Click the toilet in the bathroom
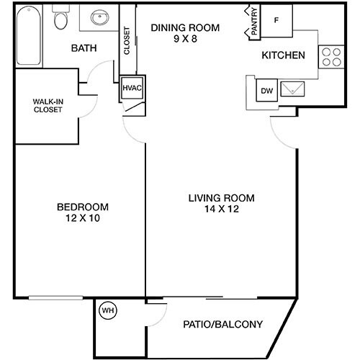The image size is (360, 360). tap(60, 20)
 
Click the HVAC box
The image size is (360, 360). tap(132, 87)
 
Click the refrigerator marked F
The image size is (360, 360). tap(276, 19)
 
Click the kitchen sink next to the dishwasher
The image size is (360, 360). tap(294, 90)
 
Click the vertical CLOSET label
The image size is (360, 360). tap(127, 42)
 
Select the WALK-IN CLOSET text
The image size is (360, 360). tap(47, 106)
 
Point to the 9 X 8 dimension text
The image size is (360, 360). tap(184, 40)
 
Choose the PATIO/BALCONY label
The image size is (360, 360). tap(223, 323)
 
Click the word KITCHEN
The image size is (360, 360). tap(283, 55)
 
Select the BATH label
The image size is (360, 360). tap(84, 48)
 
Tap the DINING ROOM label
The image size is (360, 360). tap(184, 29)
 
